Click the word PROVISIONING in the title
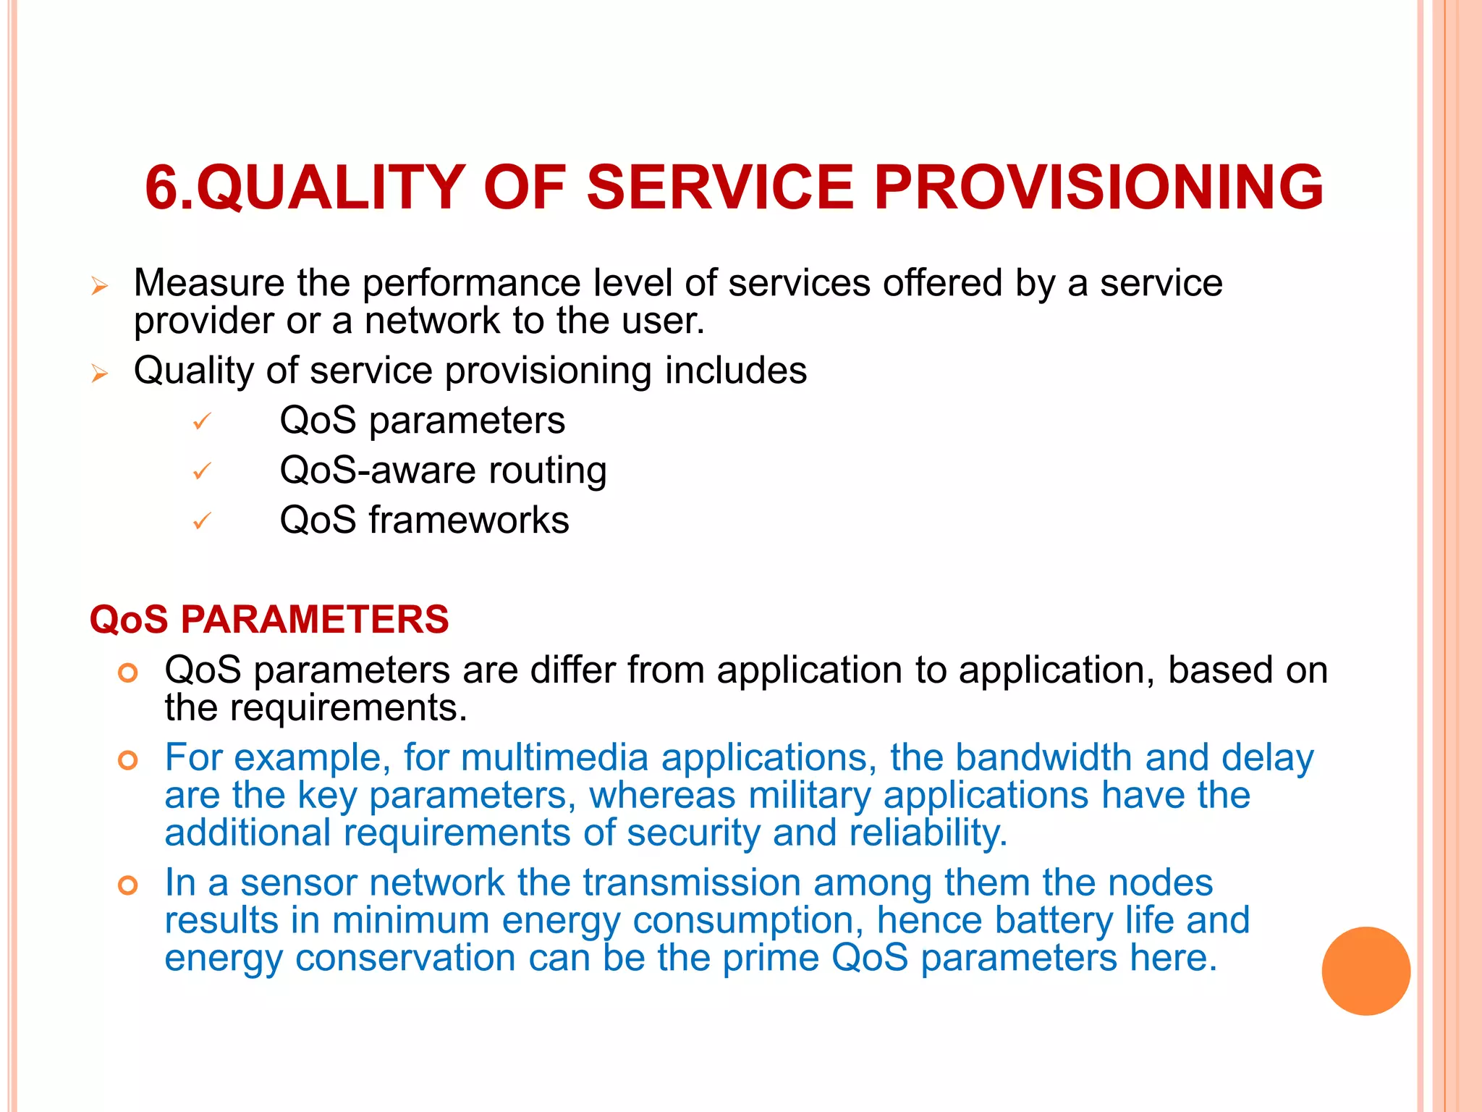click(x=1098, y=188)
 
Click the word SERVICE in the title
click(x=720, y=188)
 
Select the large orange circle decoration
click(x=1365, y=971)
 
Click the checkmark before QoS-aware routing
click(x=202, y=471)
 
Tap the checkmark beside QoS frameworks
click(x=202, y=521)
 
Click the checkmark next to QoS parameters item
click(x=202, y=421)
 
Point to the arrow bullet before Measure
click(x=100, y=286)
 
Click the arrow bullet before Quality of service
click(x=100, y=374)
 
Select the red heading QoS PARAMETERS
click(x=269, y=620)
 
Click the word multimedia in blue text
click(x=554, y=758)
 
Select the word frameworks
click(x=469, y=521)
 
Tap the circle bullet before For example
click(x=128, y=760)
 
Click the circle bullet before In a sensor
click(x=128, y=885)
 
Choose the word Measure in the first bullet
click(x=209, y=283)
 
